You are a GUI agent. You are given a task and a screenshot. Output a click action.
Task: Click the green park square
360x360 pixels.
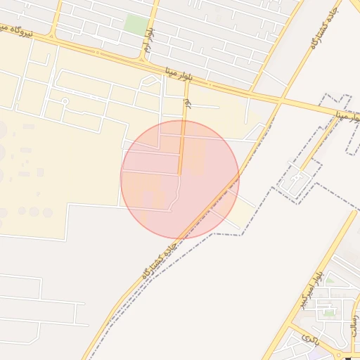(x=135, y=23)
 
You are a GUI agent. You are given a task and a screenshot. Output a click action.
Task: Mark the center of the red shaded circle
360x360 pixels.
(x=180, y=180)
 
